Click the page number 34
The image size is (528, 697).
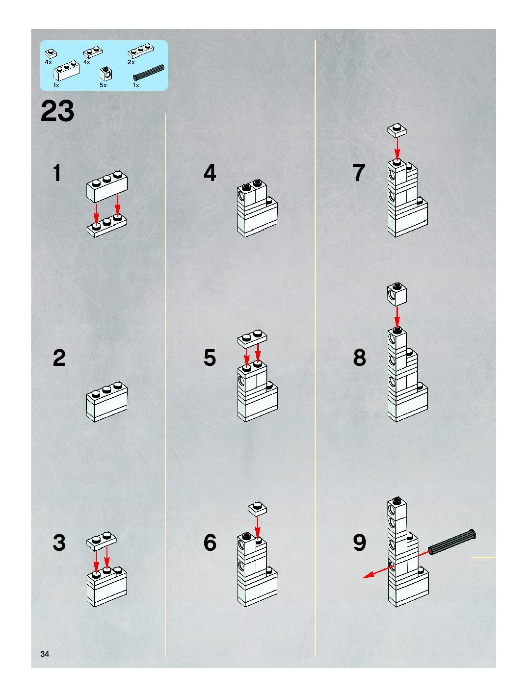pos(45,654)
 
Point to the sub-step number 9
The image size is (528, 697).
pos(360,542)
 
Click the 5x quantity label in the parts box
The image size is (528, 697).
pos(103,85)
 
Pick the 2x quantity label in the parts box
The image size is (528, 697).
pos(131,62)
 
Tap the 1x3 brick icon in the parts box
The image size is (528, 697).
pos(66,71)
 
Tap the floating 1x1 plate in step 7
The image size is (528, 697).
pos(397,130)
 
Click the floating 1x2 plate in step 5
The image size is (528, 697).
pos(252,339)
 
